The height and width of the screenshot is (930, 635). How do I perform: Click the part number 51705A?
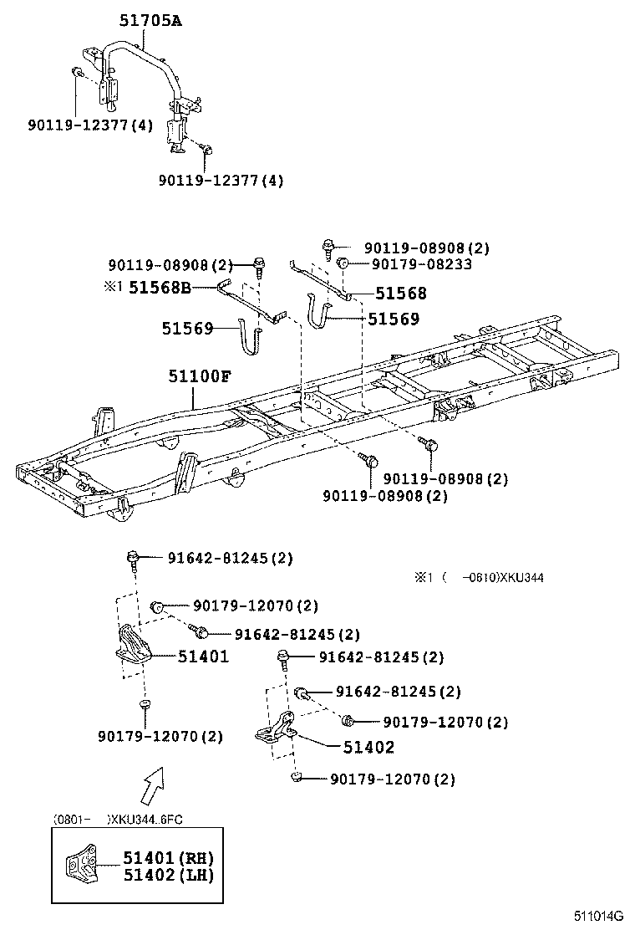point(148,23)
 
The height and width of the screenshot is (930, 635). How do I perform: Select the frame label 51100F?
point(198,376)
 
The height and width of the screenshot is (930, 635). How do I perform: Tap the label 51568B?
point(160,287)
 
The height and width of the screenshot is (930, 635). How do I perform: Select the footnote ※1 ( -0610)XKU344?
point(480,577)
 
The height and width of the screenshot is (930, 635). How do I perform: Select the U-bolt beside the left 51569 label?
point(251,335)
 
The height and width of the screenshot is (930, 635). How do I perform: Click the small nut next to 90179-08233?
point(343,264)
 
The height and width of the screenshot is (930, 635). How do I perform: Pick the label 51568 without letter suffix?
point(400,294)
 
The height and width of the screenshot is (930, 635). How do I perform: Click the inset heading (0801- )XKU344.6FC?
point(116,820)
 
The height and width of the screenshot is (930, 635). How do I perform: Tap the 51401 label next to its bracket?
point(202,657)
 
